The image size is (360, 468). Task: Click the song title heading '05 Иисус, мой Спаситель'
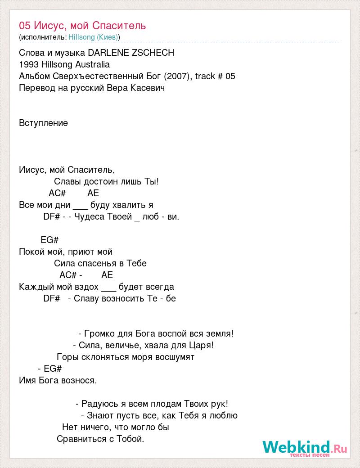tap(82, 25)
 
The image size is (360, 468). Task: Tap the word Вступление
tap(44, 123)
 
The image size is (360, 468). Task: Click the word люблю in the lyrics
tap(225, 415)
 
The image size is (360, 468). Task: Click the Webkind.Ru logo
tap(305, 447)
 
